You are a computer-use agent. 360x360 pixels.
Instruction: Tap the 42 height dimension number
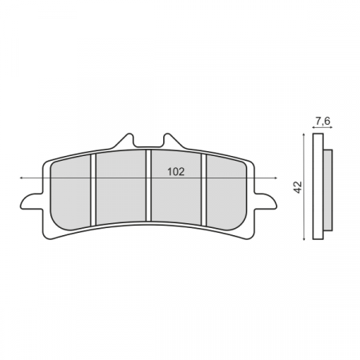[296, 187]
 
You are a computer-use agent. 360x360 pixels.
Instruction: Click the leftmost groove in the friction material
[94, 189]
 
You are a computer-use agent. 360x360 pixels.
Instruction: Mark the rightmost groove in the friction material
[204, 189]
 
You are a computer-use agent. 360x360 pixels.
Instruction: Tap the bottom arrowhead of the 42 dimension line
[303, 239]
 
